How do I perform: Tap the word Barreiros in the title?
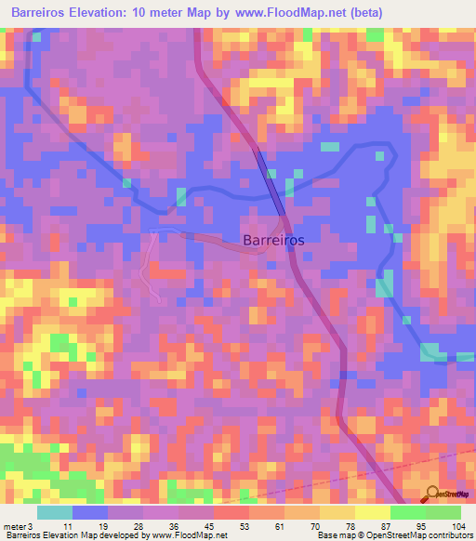tap(42, 13)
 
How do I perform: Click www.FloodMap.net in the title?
tap(290, 13)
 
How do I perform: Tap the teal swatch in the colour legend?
tap(55, 512)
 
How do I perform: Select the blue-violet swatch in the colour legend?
tap(90, 512)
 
